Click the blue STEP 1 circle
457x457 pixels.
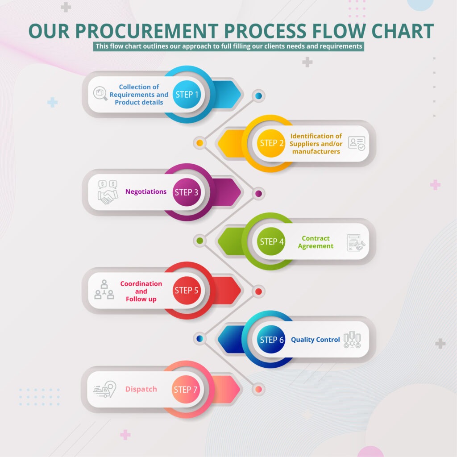[187, 95]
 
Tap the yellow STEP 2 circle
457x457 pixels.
[271, 143]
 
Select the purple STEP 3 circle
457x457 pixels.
[187, 192]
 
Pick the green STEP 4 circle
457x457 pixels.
[271, 241]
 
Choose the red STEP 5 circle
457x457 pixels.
[187, 290]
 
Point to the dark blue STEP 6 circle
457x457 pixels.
[271, 339]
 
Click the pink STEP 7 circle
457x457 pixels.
[186, 389]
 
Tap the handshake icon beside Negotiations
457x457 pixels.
[108, 192]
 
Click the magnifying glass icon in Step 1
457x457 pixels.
[100, 94]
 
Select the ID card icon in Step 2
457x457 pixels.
[357, 143]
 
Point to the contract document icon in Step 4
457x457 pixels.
[356, 242]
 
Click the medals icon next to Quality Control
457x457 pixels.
[352, 340]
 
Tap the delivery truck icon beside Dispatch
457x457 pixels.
[104, 389]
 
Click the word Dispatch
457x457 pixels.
[141, 389]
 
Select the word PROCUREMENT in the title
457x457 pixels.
[147, 31]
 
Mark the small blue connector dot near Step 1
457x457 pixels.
[258, 96]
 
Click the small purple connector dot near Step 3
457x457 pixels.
[258, 194]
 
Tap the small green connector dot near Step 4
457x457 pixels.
[199, 241]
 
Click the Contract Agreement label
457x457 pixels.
[316, 242]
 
